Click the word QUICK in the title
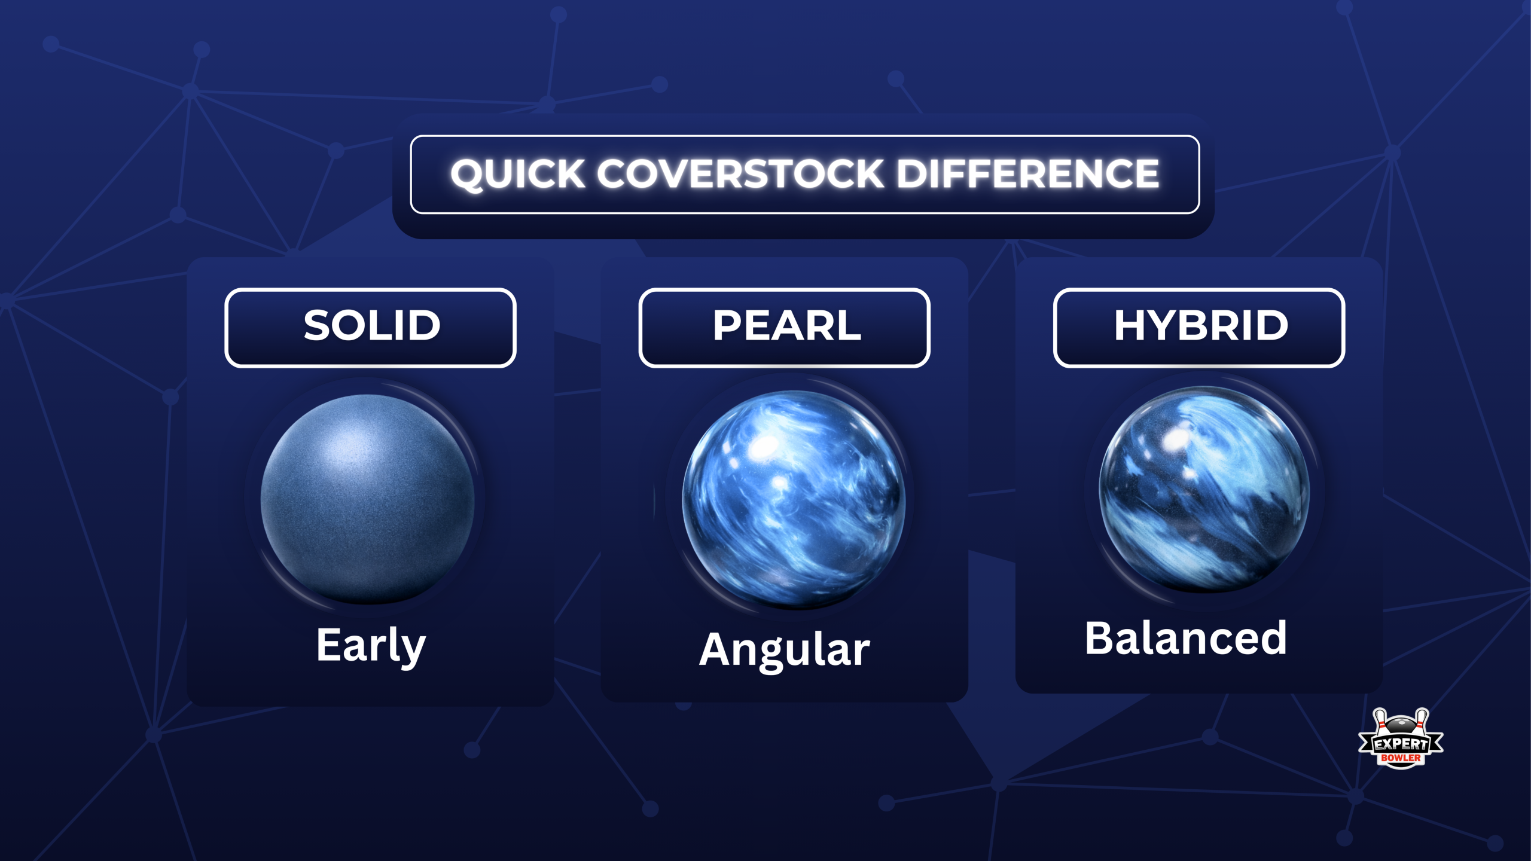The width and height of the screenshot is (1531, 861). pyautogui.click(x=517, y=174)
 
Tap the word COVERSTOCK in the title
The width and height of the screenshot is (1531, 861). pyautogui.click(x=740, y=174)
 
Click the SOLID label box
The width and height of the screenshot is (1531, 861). pyautogui.click(x=371, y=328)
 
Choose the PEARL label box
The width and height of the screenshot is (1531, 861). pyautogui.click(x=784, y=328)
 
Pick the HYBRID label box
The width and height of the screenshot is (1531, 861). pyautogui.click(x=1199, y=328)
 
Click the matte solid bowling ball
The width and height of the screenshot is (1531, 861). pyautogui.click(x=368, y=499)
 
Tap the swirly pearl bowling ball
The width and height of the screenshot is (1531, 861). pyautogui.click(x=794, y=499)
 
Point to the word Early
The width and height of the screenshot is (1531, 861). pyautogui.click(x=371, y=646)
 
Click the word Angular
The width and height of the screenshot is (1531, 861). pyautogui.click(x=785, y=650)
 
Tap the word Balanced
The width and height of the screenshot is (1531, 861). pyautogui.click(x=1186, y=639)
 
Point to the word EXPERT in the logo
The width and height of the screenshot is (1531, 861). pyautogui.click(x=1401, y=744)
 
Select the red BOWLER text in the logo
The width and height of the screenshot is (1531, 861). pyautogui.click(x=1401, y=758)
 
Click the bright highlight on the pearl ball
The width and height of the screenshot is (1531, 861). pyautogui.click(x=764, y=445)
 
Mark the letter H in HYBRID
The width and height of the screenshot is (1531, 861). pyautogui.click(x=1129, y=326)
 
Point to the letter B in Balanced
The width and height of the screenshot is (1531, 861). pyautogui.click(x=1101, y=639)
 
